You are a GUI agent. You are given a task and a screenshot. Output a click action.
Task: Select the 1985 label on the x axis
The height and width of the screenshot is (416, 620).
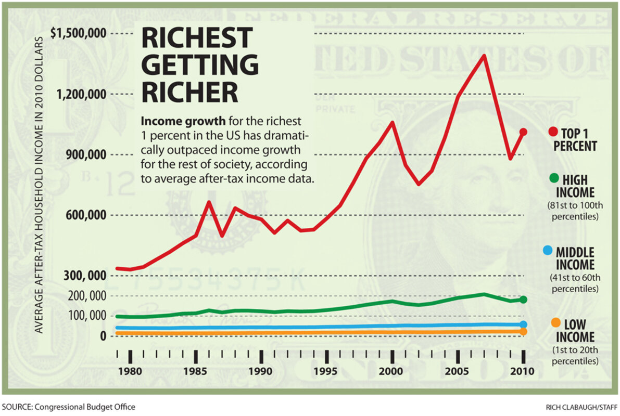click(195, 372)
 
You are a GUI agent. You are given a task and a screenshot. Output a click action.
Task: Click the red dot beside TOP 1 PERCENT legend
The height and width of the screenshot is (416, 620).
click(552, 132)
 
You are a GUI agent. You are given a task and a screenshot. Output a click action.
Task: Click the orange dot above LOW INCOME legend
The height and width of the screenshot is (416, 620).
click(555, 322)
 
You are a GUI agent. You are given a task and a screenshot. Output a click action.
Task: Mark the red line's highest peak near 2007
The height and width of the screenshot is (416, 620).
click(484, 56)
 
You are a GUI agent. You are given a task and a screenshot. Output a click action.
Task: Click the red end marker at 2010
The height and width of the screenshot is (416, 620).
click(523, 132)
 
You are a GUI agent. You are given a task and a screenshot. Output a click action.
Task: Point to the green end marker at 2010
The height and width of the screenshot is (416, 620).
click(523, 300)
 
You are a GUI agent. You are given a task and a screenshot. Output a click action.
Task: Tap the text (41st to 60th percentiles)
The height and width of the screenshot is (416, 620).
click(574, 282)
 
